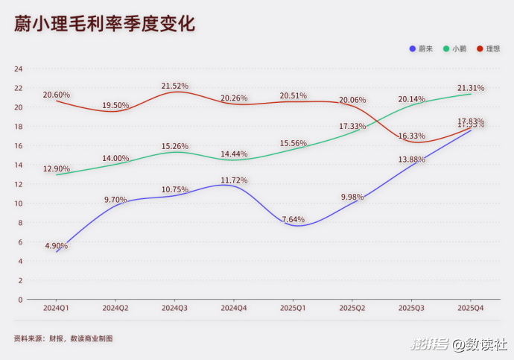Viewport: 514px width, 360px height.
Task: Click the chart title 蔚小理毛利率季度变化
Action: (104, 25)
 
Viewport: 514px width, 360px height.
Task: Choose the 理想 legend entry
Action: (488, 48)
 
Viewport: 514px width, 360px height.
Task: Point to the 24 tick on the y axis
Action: (19, 69)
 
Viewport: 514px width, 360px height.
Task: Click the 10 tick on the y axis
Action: (19, 203)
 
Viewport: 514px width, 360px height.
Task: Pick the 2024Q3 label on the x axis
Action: (175, 307)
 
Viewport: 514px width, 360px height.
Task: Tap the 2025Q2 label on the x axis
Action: (352, 307)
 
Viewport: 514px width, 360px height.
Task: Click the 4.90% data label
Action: (57, 245)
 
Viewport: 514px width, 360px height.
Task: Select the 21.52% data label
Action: (175, 86)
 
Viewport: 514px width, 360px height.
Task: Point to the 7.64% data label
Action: (292, 219)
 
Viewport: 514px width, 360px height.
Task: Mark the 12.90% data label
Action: (57, 168)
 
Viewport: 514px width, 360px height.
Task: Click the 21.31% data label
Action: (471, 88)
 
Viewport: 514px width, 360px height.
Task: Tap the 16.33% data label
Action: (412, 136)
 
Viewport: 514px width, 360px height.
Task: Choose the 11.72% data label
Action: (234, 180)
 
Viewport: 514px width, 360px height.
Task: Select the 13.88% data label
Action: (412, 160)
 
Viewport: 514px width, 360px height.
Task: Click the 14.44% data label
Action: (234, 154)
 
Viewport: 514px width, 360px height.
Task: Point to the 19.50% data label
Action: (115, 105)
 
